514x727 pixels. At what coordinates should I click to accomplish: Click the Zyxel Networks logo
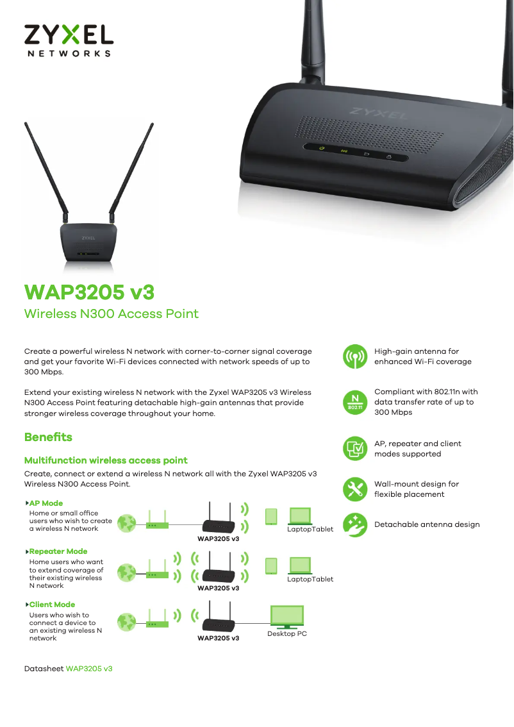click(69, 40)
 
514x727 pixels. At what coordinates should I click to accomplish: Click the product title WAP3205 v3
click(89, 292)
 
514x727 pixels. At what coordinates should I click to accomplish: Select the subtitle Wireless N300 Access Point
click(111, 313)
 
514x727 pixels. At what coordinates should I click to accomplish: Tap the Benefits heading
click(48, 437)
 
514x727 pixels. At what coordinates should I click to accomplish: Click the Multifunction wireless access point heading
click(106, 460)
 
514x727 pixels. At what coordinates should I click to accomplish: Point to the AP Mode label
click(46, 503)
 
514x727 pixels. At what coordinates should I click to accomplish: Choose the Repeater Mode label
click(58, 551)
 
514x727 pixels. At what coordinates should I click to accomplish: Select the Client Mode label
click(52, 605)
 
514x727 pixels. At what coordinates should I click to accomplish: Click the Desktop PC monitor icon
click(286, 617)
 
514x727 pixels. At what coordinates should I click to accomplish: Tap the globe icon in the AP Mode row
click(128, 523)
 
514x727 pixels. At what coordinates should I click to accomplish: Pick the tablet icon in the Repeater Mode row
click(271, 565)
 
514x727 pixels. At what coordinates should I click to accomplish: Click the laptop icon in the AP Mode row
click(300, 516)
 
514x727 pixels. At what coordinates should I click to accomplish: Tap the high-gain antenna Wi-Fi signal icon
click(354, 357)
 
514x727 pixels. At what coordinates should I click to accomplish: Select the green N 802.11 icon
click(354, 401)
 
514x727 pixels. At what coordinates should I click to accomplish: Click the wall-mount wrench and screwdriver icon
click(354, 489)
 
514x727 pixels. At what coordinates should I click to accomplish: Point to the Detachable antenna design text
click(427, 524)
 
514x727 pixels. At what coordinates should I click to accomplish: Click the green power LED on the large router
click(322, 149)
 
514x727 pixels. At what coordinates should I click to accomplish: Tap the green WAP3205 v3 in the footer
click(89, 668)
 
